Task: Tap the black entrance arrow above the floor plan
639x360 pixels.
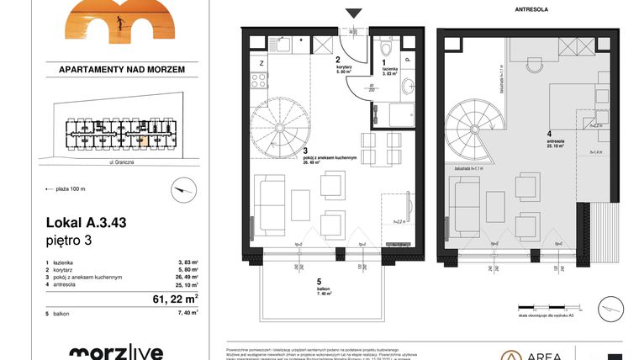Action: click(354, 13)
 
